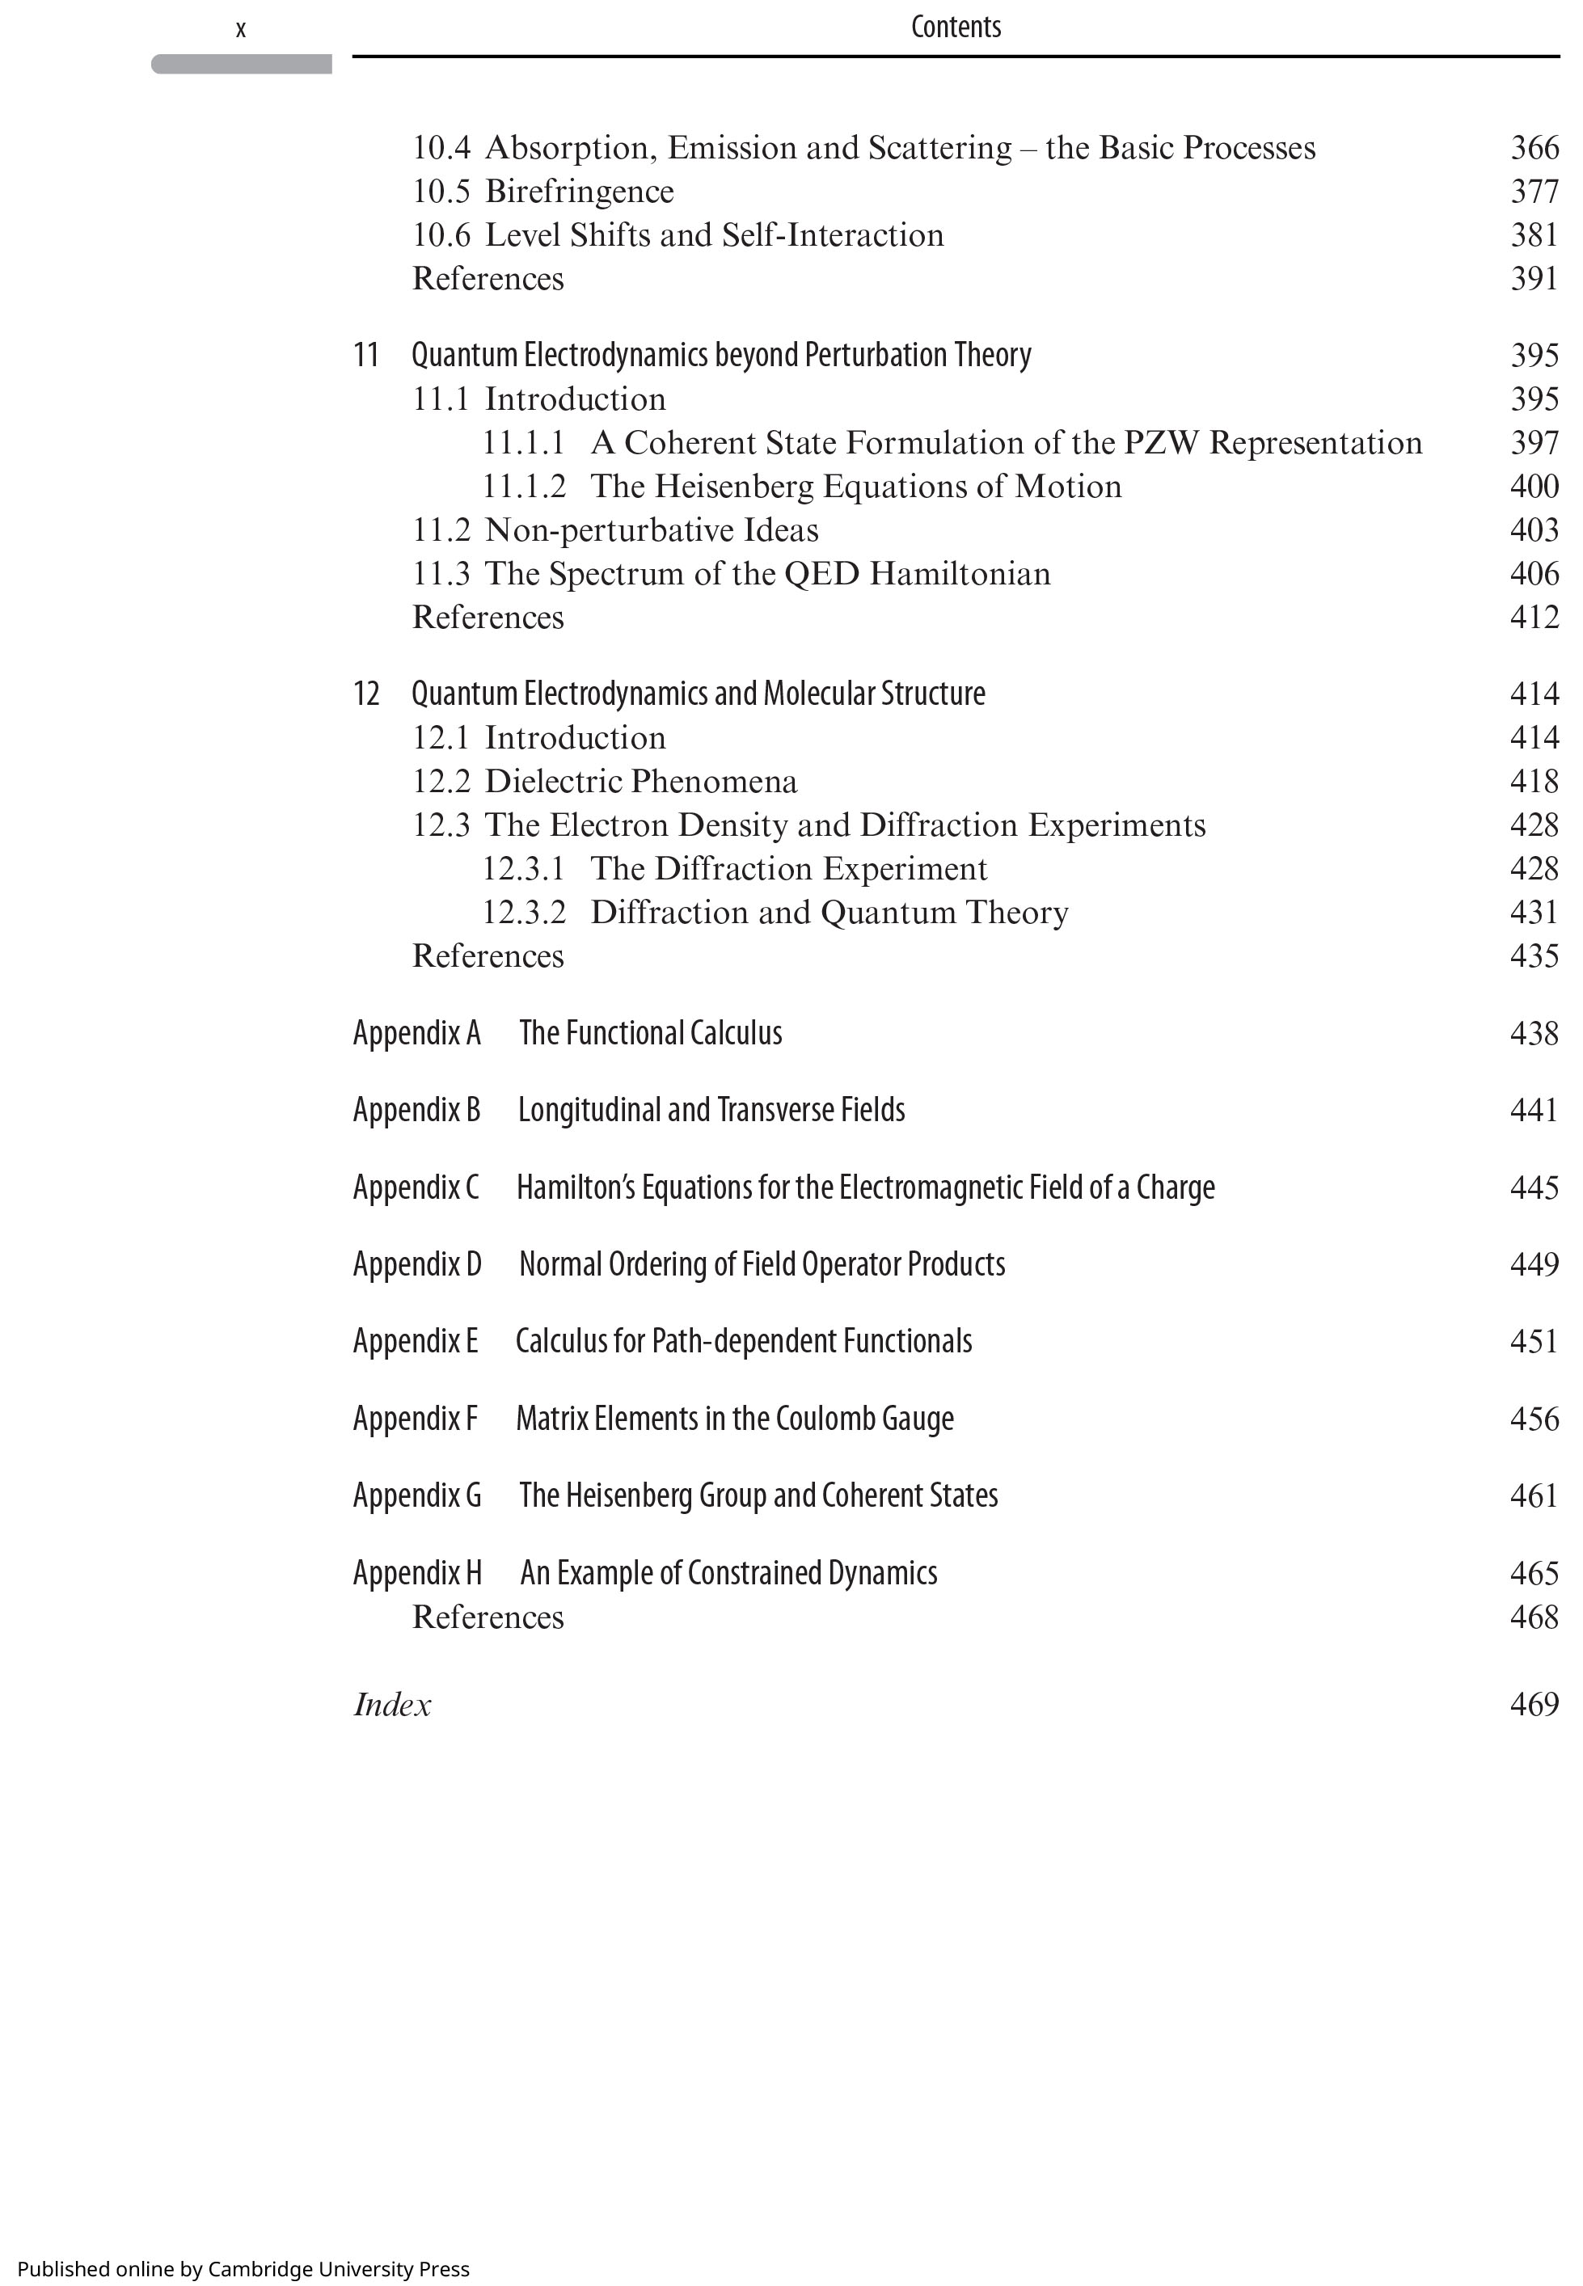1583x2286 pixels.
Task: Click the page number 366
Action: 1534,148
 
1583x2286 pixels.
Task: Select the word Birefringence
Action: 578,192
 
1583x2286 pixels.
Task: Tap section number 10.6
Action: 441,235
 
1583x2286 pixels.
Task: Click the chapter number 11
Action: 366,355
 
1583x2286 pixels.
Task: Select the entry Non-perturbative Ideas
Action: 651,529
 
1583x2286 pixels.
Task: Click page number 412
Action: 1534,617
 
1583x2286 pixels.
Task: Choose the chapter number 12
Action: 366,694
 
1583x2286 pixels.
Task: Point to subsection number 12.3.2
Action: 524,913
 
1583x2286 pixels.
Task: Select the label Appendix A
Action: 416,1032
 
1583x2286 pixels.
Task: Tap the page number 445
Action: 1534,1187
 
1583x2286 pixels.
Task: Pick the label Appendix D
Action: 416,1264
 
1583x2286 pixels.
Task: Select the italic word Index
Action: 392,1705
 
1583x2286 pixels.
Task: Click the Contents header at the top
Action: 955,27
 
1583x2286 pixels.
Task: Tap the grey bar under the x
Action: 241,65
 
